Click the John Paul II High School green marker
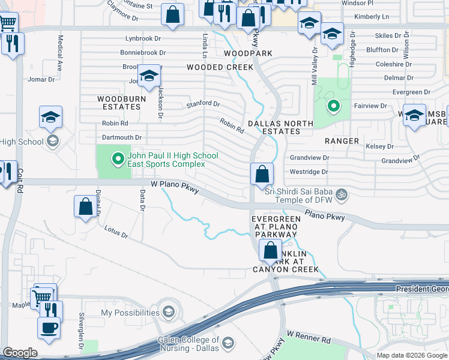118,159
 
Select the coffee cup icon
49,328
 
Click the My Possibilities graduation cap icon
169,313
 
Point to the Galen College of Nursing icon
228,343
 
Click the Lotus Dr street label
116,232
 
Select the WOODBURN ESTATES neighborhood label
119,103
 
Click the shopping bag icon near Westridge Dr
262,175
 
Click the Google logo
20,353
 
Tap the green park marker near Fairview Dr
332,107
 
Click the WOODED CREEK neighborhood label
220,67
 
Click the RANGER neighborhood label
342,141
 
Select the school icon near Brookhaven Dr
149,76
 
